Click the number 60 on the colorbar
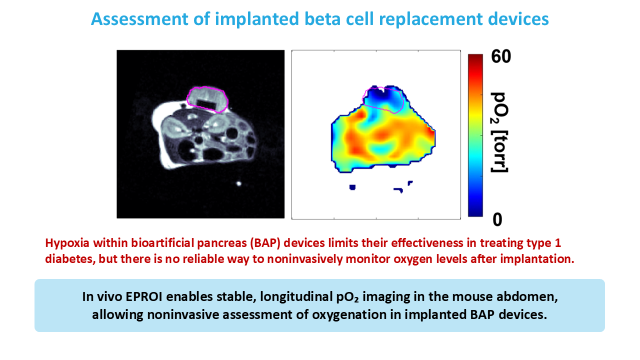[501, 56]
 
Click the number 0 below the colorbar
[497, 219]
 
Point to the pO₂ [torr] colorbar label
[499, 132]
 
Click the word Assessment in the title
[139, 19]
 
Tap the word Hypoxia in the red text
[67, 243]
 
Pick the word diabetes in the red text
[70, 259]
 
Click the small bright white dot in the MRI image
[239, 183]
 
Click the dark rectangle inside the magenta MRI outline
[207, 103]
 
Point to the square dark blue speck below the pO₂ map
[352, 187]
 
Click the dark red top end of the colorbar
[475, 57]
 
